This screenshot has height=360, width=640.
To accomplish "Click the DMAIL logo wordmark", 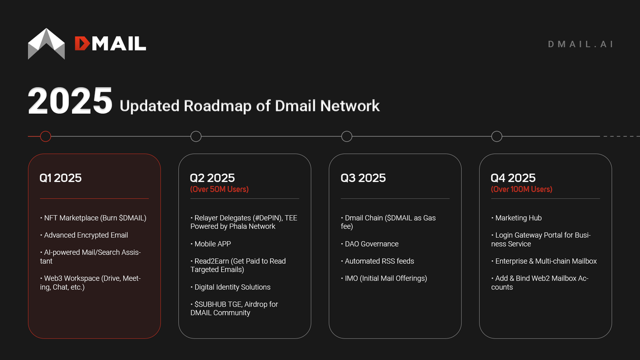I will click(110, 43).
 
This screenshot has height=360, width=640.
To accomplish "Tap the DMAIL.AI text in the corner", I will click(580, 44).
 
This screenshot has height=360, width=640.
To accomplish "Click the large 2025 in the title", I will click(70, 101).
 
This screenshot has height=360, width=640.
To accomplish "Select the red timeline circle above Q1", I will click(45, 137).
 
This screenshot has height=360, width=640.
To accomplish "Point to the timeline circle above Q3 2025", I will click(347, 137).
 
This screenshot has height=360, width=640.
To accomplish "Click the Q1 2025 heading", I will click(60, 178).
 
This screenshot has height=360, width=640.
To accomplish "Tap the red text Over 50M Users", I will click(219, 189).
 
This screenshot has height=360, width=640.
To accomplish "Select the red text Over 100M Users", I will click(522, 189).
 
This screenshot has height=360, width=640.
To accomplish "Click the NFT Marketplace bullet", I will click(93, 218).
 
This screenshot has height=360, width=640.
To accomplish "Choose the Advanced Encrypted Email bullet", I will click(84, 235).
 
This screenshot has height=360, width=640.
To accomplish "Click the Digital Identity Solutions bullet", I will click(230, 287).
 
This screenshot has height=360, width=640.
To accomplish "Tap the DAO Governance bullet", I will click(370, 244).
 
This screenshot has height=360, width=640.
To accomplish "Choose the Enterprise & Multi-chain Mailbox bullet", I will click(544, 261).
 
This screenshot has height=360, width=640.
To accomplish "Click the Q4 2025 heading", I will click(513, 178).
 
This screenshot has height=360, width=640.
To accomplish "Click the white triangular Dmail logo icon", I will click(46, 43).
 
